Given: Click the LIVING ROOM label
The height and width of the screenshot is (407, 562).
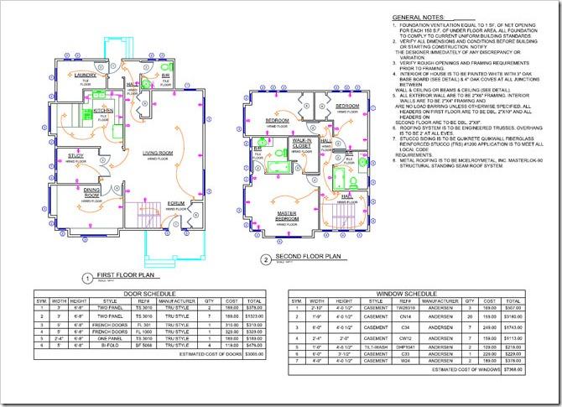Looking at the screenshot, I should point(157,153).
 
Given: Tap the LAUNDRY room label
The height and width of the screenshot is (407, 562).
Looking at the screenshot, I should point(86,76).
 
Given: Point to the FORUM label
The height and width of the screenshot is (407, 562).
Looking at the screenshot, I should point(175,203).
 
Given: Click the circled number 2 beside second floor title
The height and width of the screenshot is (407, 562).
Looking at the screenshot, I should point(264,258).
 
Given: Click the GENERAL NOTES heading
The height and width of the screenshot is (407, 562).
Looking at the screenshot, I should point(424,18).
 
